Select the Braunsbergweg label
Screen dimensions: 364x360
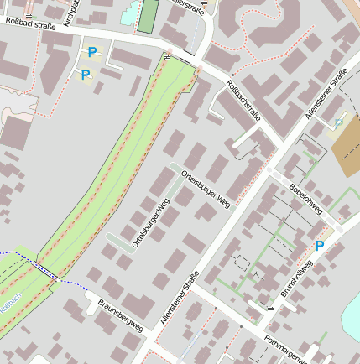click(x=122, y=314)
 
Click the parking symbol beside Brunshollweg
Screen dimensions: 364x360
click(x=319, y=246)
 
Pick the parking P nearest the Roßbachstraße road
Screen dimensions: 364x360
click(x=91, y=53)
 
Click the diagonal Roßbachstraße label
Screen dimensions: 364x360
click(x=243, y=99)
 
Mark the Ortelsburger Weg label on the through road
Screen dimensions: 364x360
click(x=206, y=189)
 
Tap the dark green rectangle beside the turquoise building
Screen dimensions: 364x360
click(x=149, y=16)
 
